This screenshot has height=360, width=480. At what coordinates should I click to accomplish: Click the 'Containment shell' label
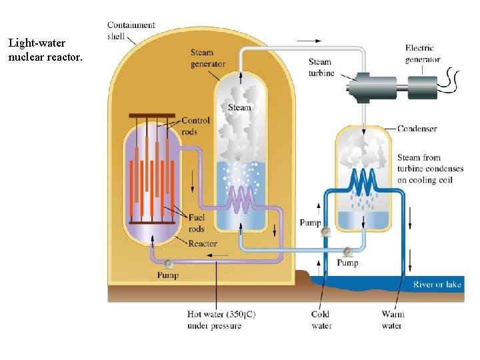131,30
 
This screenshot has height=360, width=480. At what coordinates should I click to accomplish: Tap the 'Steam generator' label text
207,58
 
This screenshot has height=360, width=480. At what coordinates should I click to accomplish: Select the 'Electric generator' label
423,53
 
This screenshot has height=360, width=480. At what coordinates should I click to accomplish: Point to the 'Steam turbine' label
321,67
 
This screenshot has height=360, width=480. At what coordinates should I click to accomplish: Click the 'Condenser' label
417,129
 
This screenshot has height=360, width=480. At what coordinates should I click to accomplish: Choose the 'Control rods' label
195,126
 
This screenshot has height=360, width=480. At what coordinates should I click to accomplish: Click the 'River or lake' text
437,285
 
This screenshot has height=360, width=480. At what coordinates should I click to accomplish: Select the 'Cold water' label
321,320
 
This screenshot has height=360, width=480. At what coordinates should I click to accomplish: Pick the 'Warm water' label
392,320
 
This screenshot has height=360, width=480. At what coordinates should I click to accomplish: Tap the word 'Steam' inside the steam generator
240,107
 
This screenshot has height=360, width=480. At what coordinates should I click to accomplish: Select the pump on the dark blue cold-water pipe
325,232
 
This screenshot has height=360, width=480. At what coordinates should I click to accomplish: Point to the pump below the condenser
347,251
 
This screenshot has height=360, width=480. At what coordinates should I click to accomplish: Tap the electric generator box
423,86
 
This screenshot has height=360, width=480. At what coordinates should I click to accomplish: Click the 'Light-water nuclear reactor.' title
45,50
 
